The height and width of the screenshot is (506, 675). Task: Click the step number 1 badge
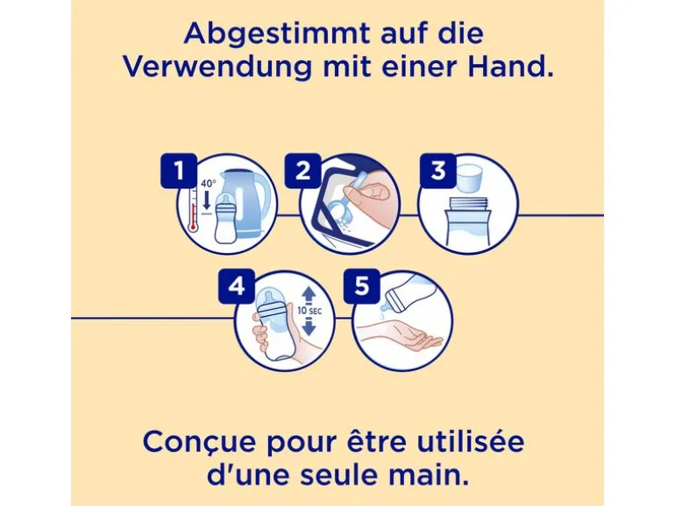[179, 171]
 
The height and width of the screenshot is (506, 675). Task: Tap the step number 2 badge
[302, 171]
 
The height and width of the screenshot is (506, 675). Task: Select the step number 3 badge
[437, 171]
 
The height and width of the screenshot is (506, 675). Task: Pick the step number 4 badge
[237, 286]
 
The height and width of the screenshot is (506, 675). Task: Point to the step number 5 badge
[361, 286]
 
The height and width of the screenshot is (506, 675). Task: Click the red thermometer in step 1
[193, 212]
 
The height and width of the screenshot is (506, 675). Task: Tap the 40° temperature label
[209, 184]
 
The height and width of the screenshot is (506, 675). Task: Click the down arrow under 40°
[207, 201]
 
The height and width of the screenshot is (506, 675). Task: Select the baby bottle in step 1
[227, 220]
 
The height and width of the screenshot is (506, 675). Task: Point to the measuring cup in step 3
[468, 176]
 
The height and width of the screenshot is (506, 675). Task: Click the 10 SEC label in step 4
[309, 312]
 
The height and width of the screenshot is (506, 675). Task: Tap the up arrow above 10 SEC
[309, 295]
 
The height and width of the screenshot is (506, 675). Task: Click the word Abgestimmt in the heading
[277, 34]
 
